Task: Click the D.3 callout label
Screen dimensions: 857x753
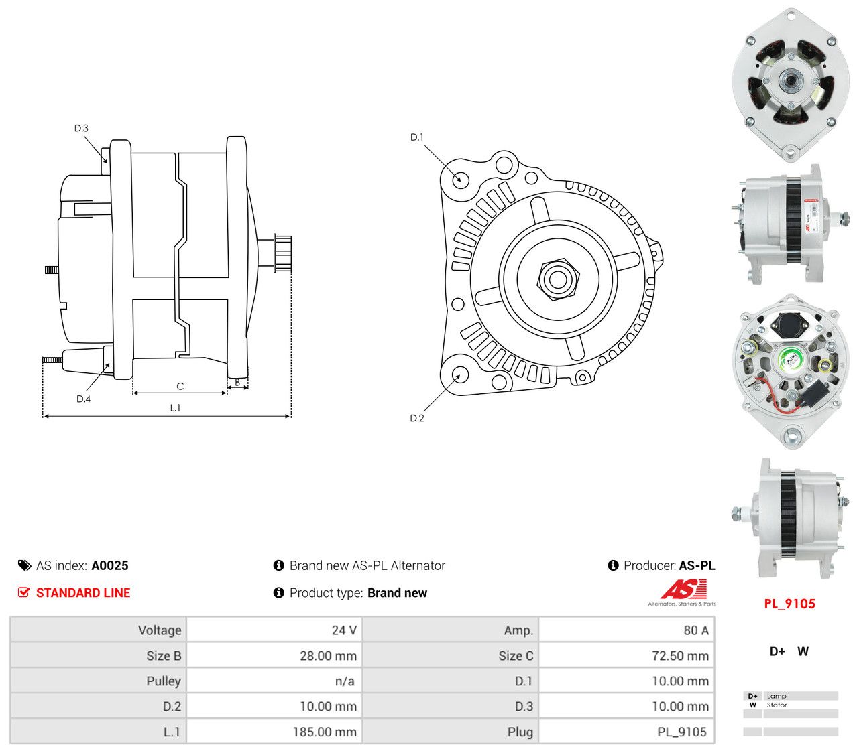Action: coord(81,128)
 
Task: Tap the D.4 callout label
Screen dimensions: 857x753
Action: coord(83,399)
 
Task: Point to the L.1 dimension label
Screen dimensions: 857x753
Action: coord(175,408)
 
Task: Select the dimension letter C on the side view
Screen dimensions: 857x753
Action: coord(180,387)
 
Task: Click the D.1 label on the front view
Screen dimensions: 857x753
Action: coord(416,137)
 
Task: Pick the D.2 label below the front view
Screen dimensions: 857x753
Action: coord(416,418)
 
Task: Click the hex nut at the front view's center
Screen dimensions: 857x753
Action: coord(557,279)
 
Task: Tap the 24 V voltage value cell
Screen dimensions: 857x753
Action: coord(344,630)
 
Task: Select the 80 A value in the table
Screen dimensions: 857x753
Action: coord(696,630)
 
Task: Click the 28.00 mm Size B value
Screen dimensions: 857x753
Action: coord(329,656)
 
